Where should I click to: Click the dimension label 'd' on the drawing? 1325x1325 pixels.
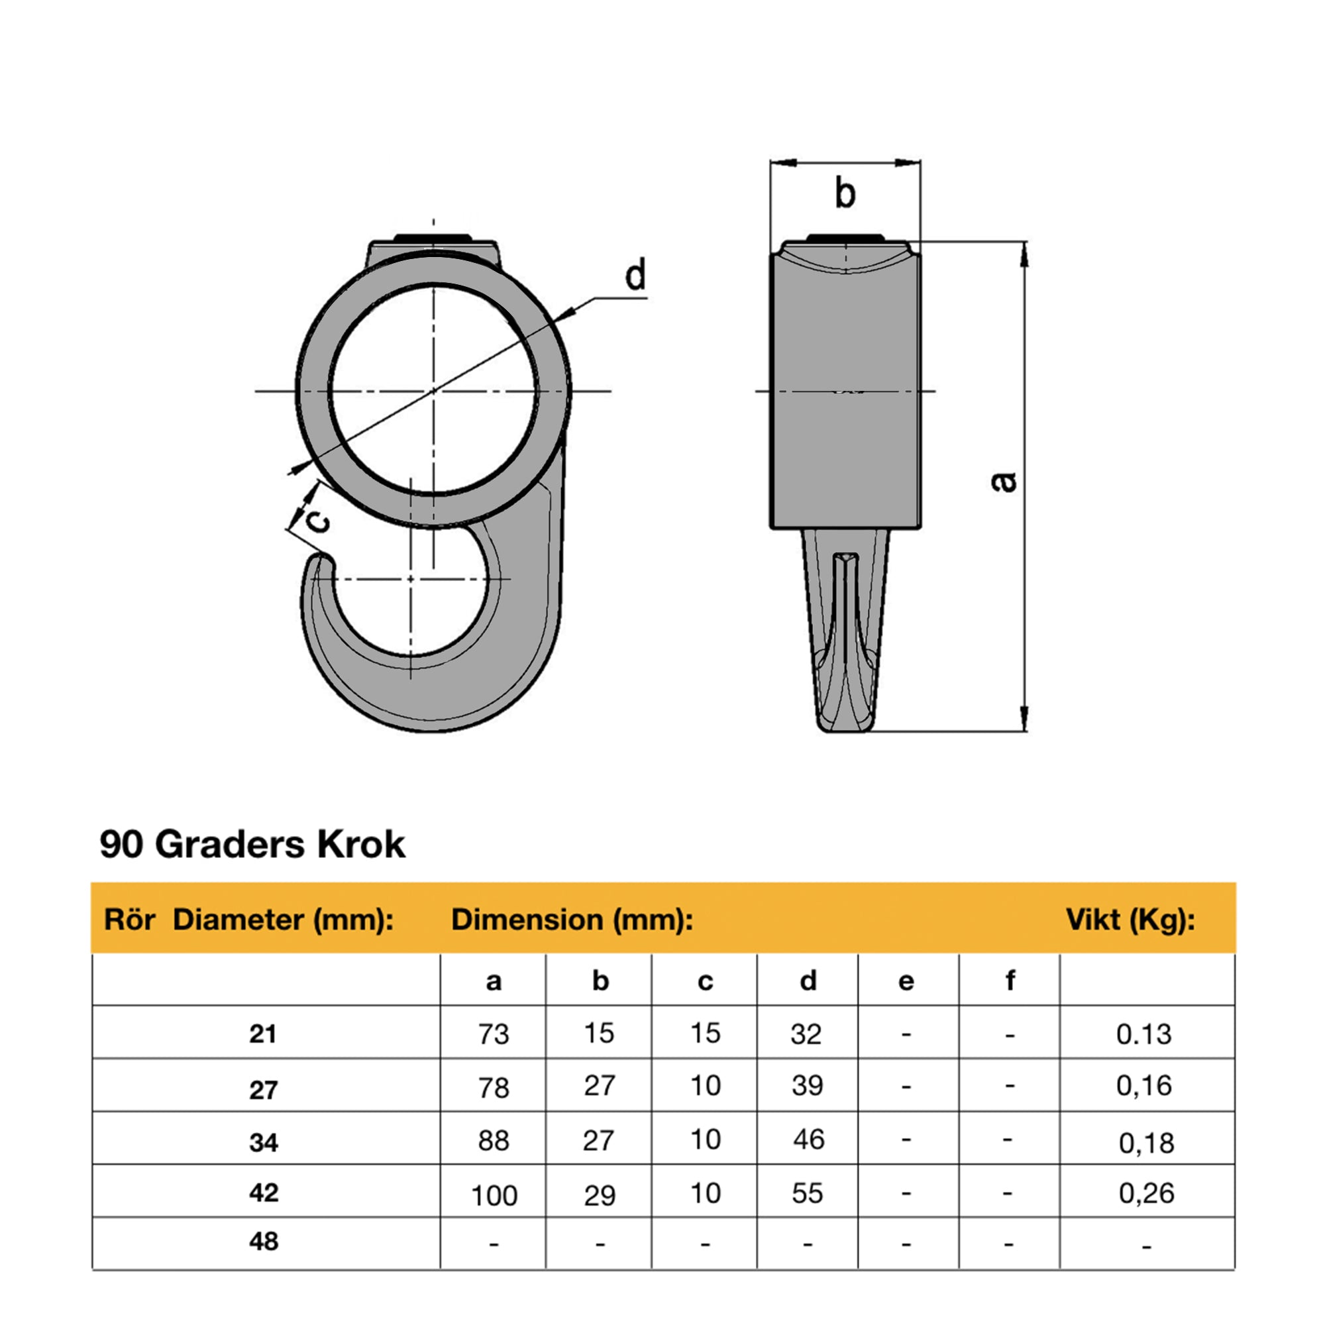pyautogui.click(x=636, y=276)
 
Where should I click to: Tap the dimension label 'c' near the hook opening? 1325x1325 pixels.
pyautogui.click(x=316, y=523)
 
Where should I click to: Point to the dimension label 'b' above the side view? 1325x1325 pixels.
pyautogui.click(x=845, y=193)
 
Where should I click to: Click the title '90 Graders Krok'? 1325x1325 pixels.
pyautogui.click(x=252, y=844)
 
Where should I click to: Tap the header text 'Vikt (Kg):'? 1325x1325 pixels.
pyautogui.click(x=1130, y=920)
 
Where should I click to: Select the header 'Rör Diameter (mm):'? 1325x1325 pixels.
pyautogui.click(x=249, y=920)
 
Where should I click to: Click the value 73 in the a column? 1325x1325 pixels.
pyautogui.click(x=493, y=1033)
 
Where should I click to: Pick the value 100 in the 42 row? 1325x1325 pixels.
pyautogui.click(x=493, y=1196)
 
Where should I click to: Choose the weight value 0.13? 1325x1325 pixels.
pyautogui.click(x=1143, y=1034)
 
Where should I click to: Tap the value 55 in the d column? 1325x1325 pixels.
pyautogui.click(x=806, y=1193)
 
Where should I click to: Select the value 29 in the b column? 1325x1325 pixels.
pyautogui.click(x=600, y=1196)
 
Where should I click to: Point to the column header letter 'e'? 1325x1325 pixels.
pyautogui.click(x=906, y=981)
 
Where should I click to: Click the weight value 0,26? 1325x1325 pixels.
pyautogui.click(x=1146, y=1193)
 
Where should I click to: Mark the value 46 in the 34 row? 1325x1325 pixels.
pyautogui.click(x=808, y=1139)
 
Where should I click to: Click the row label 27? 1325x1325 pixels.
pyautogui.click(x=264, y=1090)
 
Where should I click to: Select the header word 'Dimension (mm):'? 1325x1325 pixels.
pyautogui.click(x=571, y=920)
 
